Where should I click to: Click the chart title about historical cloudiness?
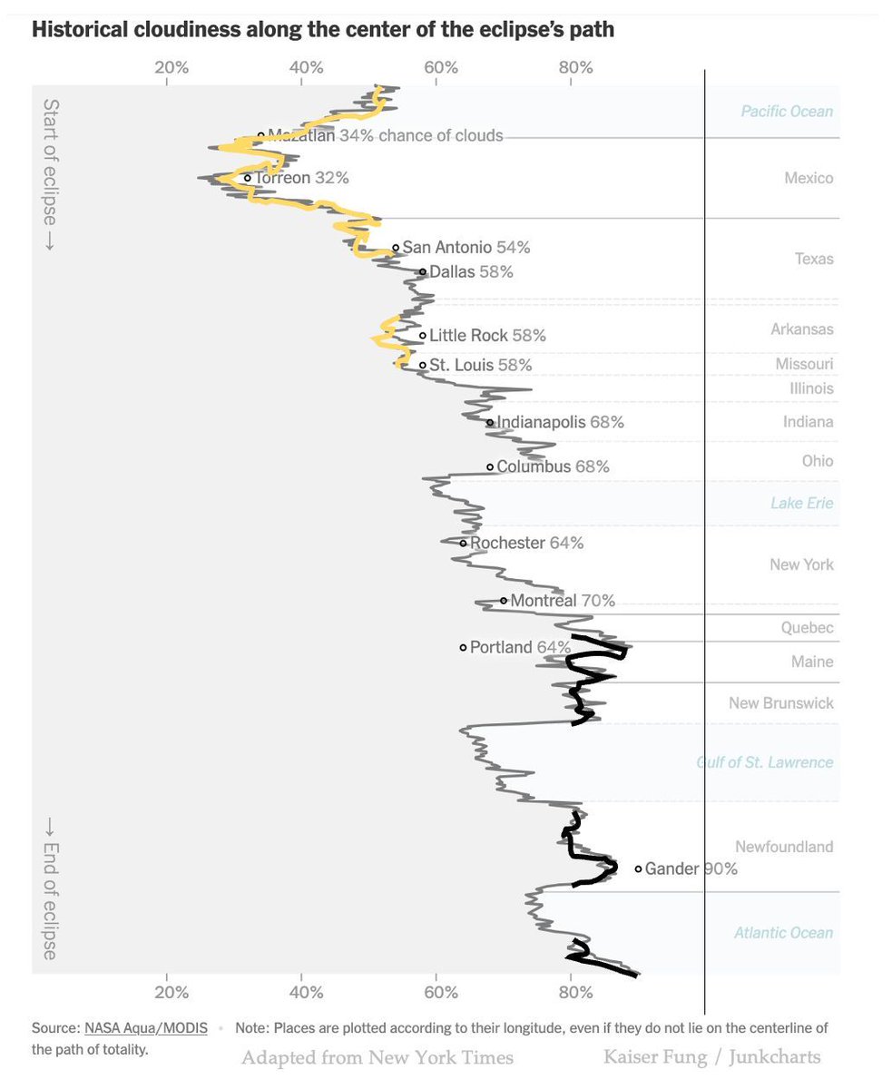click(x=323, y=29)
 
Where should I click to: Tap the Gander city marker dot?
click(x=638, y=868)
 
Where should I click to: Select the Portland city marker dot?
click(x=463, y=647)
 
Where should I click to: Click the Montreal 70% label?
click(x=563, y=600)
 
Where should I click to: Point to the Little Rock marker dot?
click(x=423, y=336)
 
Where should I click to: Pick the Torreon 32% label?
click(x=301, y=178)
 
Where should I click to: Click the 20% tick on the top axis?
click(x=171, y=67)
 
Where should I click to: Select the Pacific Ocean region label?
click(x=786, y=111)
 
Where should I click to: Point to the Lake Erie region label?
click(x=801, y=503)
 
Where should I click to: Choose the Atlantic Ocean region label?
click(x=783, y=932)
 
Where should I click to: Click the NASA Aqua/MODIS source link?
click(x=146, y=1028)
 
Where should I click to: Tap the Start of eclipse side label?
click(x=50, y=175)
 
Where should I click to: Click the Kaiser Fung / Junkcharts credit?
click(x=711, y=1057)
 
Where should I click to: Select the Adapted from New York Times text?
click(x=377, y=1057)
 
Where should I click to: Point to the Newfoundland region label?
click(x=784, y=847)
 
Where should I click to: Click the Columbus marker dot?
click(x=490, y=466)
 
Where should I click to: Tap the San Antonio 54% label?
click(x=466, y=247)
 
